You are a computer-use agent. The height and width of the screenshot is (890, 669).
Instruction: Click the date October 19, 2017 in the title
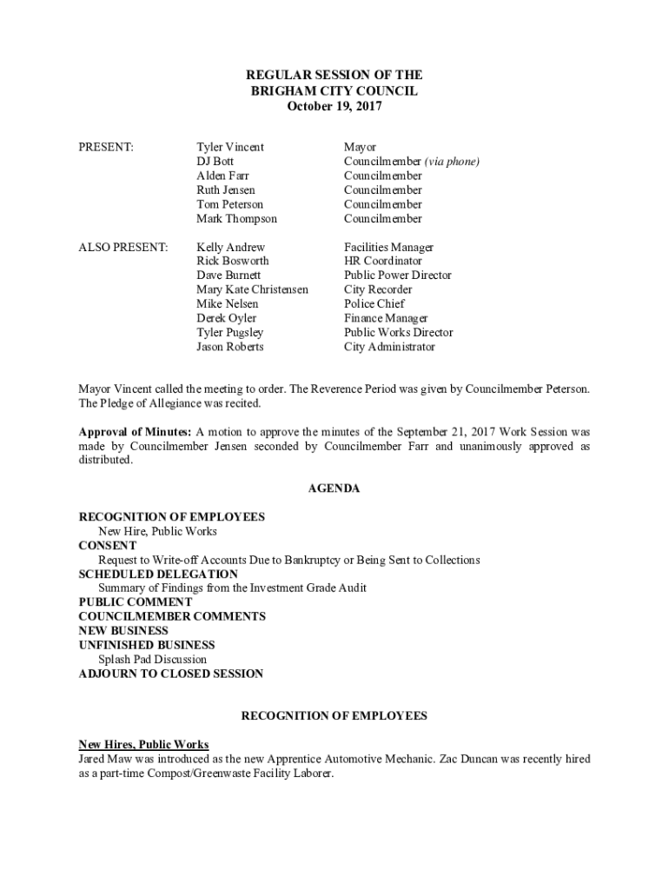point(334,106)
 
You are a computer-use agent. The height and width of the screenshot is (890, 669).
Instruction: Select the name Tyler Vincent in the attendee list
point(230,148)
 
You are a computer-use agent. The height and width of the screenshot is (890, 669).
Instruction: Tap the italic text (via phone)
point(452,162)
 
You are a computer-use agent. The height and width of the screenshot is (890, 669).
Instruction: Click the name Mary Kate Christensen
point(252,289)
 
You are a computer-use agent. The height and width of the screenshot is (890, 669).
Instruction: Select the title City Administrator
point(389,347)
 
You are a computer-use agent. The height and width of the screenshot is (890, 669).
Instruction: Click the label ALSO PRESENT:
point(123,248)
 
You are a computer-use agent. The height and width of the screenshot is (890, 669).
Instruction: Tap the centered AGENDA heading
point(334,488)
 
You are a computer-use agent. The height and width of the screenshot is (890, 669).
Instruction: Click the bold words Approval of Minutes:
point(135,432)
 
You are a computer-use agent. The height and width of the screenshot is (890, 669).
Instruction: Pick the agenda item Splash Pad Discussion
point(152,660)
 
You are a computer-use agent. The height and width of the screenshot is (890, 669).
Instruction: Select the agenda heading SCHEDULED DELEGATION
point(158,575)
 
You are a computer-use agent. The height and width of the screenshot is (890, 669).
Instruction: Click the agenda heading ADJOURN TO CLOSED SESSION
point(171,674)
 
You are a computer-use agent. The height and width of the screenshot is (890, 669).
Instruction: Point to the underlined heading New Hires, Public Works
point(143,745)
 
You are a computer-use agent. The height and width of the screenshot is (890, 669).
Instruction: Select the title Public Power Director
point(398,276)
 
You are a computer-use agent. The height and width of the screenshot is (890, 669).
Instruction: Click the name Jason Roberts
point(230,347)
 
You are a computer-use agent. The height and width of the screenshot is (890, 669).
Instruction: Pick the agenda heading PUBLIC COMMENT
point(136,602)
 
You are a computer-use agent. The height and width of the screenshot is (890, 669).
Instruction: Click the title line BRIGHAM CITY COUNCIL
point(334,91)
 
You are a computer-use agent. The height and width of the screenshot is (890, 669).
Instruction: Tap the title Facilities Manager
point(388,248)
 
